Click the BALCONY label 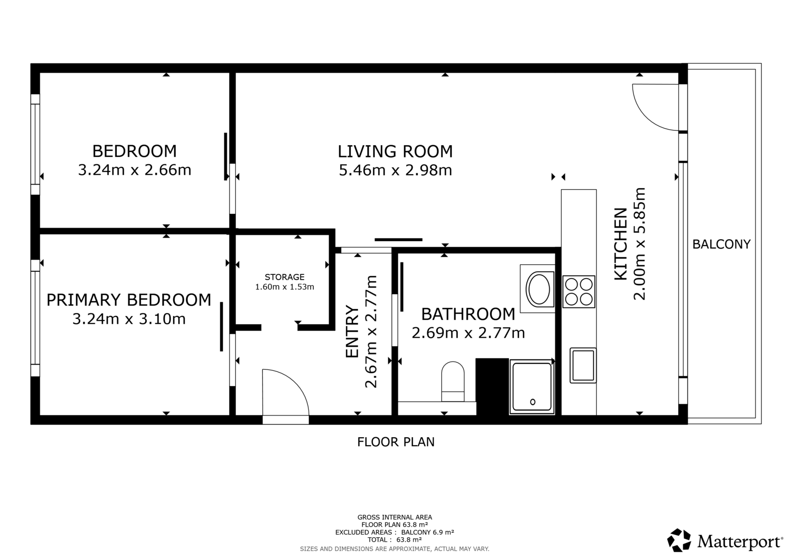[721, 244]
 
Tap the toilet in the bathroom [452, 381]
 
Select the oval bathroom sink [538, 289]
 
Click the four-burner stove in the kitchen [579, 292]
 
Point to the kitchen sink [583, 365]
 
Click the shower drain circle [533, 402]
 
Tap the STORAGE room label [285, 277]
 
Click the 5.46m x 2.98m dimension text [396, 170]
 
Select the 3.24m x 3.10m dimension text [129, 319]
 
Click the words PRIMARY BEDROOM [129, 300]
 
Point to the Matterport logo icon [679, 540]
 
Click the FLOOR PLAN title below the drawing [396, 442]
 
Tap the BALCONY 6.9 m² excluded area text [428, 532]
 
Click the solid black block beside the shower [492, 387]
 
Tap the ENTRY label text [352, 331]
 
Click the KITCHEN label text [621, 244]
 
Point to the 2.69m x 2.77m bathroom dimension [468, 333]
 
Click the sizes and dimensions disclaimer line [395, 549]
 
